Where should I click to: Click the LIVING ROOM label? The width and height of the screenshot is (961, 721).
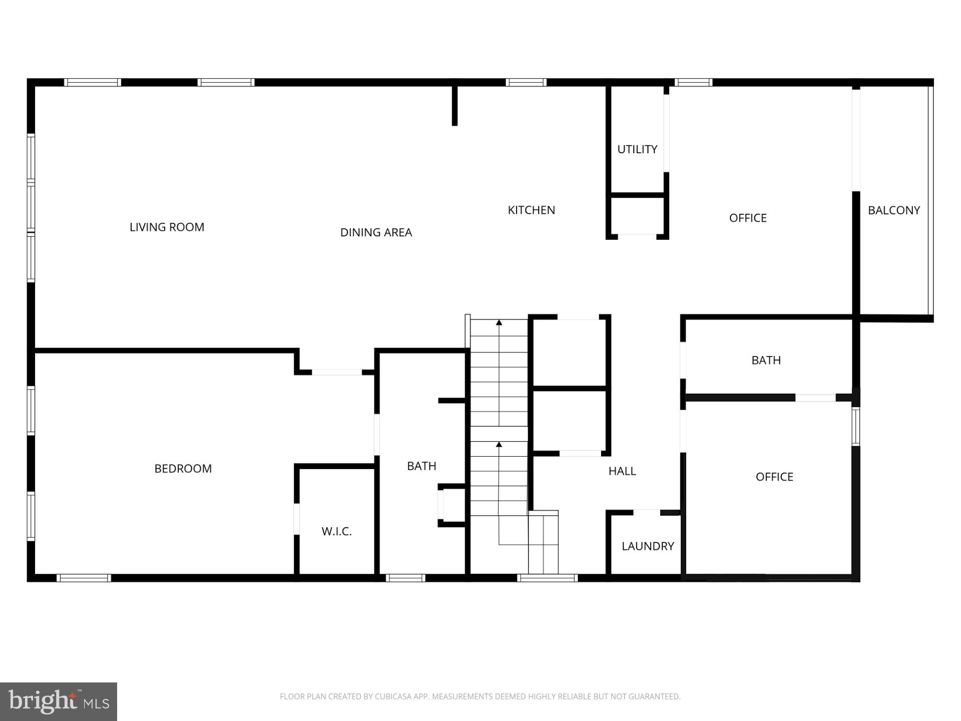(167, 227)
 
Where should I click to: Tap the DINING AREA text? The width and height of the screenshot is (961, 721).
(376, 232)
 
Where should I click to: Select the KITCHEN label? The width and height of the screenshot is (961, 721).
(531, 210)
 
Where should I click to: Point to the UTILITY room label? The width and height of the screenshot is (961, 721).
(637, 149)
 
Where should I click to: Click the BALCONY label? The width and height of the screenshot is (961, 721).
(893, 210)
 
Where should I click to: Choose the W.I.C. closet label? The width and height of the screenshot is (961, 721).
(336, 532)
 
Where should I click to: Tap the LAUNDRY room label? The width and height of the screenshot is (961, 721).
(648, 546)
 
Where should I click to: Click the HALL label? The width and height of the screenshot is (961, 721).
(622, 471)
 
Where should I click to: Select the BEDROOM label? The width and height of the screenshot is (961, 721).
(183, 469)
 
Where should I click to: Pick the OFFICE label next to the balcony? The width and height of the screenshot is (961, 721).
(748, 218)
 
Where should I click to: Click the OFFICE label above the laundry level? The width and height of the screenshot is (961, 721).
(774, 477)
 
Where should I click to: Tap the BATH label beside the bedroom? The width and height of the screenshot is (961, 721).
(421, 466)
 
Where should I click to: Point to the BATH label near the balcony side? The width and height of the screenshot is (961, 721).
(766, 360)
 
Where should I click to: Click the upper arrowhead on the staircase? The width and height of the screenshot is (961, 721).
(499, 323)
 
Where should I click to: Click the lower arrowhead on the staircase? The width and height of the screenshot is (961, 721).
(499, 444)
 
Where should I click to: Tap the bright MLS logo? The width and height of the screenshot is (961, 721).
(59, 701)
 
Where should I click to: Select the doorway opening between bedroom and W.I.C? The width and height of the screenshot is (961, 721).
(296, 519)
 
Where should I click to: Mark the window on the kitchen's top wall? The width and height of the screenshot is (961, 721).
(526, 83)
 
